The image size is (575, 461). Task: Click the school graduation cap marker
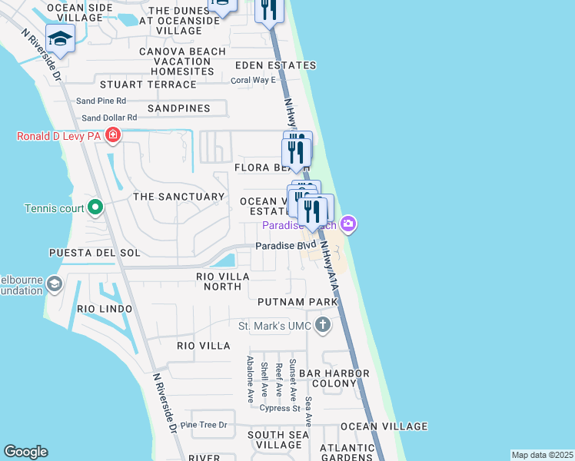[60, 38]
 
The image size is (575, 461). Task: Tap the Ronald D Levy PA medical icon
[113, 137]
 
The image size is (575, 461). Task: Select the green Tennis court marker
[95, 207]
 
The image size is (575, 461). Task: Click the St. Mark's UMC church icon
[322, 326]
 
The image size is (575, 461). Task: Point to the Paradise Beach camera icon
[348, 224]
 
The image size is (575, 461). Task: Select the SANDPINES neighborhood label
[178, 108]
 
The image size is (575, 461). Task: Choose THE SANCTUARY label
[178, 197]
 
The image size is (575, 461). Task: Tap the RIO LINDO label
[105, 309]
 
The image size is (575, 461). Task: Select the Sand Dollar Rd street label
[109, 118]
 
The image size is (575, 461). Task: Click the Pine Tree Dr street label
[204, 425]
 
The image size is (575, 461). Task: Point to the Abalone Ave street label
[251, 379]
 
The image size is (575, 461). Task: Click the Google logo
[25, 452]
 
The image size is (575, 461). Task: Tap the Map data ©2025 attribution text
[541, 455]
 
